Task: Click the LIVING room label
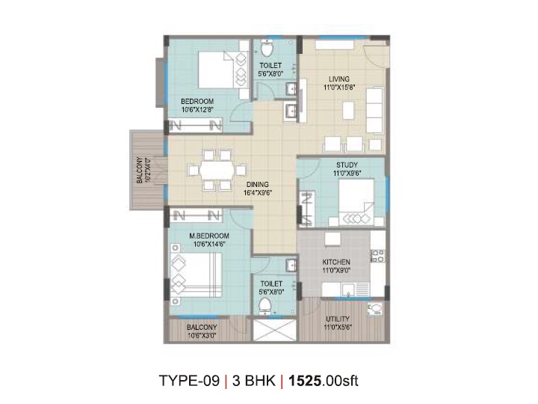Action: pos(339,79)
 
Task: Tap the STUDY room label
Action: pos(347,165)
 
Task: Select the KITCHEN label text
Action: pos(336,262)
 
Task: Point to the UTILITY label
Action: pos(338,319)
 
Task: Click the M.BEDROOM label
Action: pos(209,236)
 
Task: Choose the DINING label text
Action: pos(258,185)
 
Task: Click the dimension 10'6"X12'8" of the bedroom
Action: pos(197,110)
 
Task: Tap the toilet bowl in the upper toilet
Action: pos(267,49)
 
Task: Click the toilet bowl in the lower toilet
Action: pos(265,306)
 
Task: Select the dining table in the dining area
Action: pos(217,170)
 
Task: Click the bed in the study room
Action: pos(356,202)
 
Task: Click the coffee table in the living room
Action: pos(348,111)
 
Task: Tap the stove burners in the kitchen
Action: pos(378,256)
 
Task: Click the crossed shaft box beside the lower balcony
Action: pos(274,330)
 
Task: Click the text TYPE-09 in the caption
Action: pos(189,381)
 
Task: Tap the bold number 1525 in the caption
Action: pos(305,381)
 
